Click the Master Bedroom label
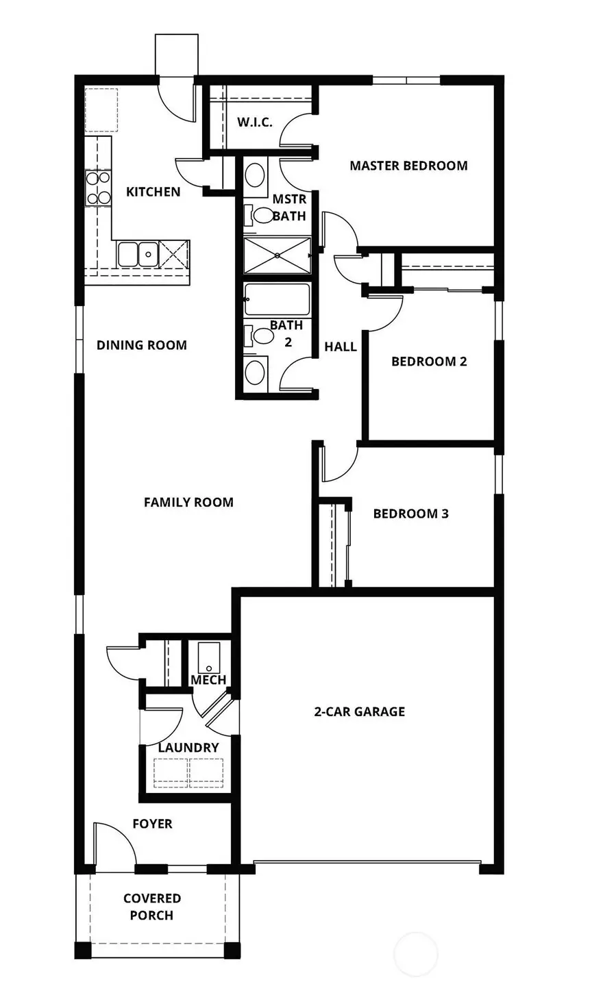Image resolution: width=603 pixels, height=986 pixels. (x=408, y=166)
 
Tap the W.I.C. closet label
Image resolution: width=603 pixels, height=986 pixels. (x=255, y=123)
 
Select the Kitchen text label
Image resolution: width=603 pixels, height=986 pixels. (x=153, y=192)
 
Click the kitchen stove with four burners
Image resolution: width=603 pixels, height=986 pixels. (x=98, y=188)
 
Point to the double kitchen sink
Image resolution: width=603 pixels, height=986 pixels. (x=137, y=253)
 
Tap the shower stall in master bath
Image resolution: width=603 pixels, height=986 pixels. (x=277, y=255)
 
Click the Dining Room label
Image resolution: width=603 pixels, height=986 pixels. (x=141, y=345)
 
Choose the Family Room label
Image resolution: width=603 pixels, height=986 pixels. (x=188, y=503)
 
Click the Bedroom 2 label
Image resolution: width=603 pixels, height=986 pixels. (x=429, y=362)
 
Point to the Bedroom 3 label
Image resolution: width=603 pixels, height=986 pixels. (x=410, y=514)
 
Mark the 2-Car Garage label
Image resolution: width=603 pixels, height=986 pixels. (x=359, y=712)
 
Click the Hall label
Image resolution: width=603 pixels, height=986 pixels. (x=341, y=347)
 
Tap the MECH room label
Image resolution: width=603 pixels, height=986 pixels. (x=208, y=680)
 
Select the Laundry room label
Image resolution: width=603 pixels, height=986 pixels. (x=188, y=748)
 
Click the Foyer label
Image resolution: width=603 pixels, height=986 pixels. (x=152, y=824)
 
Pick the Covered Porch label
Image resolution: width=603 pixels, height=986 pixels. (x=152, y=907)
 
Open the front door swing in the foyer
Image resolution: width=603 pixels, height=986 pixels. (x=113, y=846)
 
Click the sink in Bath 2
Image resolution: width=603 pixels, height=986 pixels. (x=255, y=372)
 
